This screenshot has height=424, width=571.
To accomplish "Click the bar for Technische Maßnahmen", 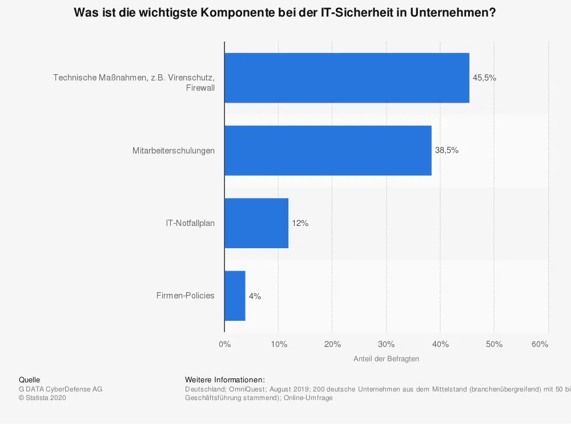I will click(x=347, y=78).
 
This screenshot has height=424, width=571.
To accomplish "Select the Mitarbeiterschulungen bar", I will click(x=328, y=151).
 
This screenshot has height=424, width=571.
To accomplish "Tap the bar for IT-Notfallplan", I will click(x=256, y=223).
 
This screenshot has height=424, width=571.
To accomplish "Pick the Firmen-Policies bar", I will click(x=235, y=296).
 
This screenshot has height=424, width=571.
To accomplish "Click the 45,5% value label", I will click(x=484, y=78).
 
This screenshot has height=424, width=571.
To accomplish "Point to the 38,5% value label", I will click(x=447, y=151).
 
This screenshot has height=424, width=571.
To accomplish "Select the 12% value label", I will click(x=300, y=223).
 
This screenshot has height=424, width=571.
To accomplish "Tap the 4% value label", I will click(x=255, y=296).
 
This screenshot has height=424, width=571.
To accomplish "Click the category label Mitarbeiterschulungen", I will click(x=174, y=151).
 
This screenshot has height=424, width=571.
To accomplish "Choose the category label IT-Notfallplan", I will click(x=186, y=223).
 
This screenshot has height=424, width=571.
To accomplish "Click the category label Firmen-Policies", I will click(x=185, y=296).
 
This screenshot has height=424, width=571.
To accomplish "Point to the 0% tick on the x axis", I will click(x=224, y=344).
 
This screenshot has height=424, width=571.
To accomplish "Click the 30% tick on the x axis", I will click(x=387, y=344).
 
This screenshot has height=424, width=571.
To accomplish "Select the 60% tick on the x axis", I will click(x=540, y=344).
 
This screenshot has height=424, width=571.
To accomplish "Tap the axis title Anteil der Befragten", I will click(x=386, y=359).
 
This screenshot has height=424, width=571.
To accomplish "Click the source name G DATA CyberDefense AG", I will click(x=61, y=389).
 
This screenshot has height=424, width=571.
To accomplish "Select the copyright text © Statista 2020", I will click(x=42, y=398).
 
